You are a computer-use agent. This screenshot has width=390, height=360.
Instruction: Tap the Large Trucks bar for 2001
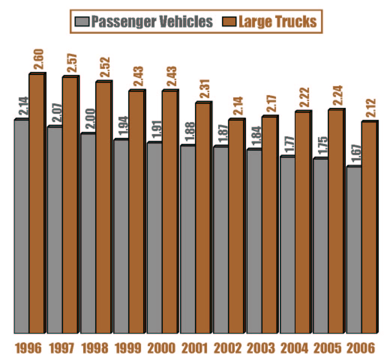point(203,217)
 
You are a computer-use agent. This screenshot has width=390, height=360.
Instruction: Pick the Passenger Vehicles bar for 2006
point(354,249)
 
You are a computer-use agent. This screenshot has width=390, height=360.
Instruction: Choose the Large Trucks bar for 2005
point(336,221)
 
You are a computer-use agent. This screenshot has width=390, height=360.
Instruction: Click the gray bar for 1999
point(121,236)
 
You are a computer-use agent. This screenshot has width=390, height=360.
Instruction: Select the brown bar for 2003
point(269,224)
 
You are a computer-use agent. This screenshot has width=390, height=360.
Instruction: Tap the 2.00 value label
point(90,120)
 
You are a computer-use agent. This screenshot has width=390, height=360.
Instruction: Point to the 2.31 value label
point(205,89)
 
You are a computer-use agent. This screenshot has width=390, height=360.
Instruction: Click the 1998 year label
point(95,348)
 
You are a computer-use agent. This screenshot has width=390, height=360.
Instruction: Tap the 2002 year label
point(228,348)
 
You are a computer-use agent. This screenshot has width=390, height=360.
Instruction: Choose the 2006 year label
point(360,348)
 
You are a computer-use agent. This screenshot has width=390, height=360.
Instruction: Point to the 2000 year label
point(161,348)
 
